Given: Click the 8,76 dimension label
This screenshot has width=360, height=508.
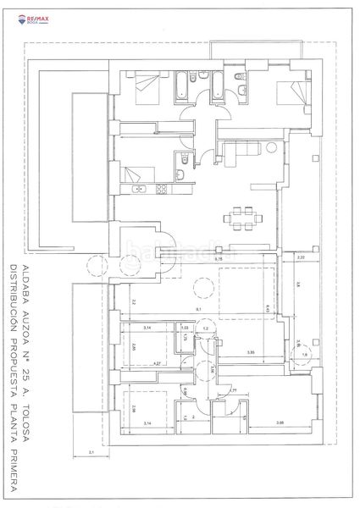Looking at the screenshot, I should pos(218,259).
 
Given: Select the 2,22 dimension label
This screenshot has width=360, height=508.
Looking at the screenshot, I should pos(301,257).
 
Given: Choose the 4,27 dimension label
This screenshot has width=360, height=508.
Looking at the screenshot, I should pos(157,363).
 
